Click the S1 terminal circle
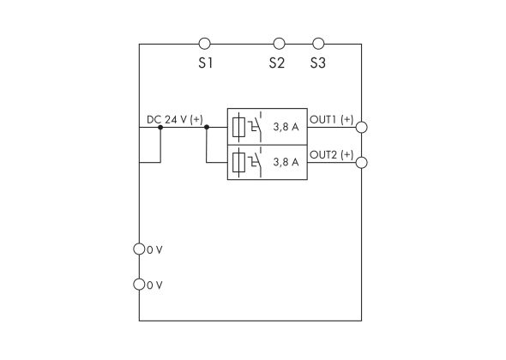tap(204, 43)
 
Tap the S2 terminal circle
tap(279, 43)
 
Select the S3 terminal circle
tap(318, 43)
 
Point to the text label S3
tap(319, 64)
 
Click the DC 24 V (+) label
tap(175, 120)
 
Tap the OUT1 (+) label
tap(331, 120)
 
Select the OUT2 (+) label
tap(331, 154)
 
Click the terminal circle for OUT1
tap(362, 127)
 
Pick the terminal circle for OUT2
tap(362, 162)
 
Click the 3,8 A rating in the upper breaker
tap(285, 128)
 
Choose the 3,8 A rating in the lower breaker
tap(285, 162)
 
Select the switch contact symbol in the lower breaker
tap(255, 160)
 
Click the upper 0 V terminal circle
tap(140, 249)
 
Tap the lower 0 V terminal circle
tap(140, 285)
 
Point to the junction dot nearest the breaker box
tap(207, 127)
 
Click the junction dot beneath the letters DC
tap(160, 127)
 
